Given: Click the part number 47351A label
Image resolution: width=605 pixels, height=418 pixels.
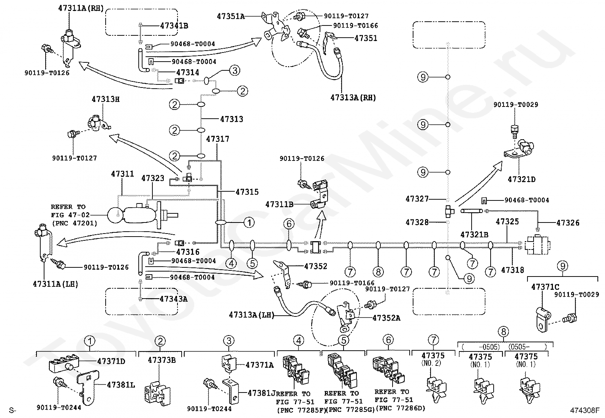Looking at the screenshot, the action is (x=231, y=16).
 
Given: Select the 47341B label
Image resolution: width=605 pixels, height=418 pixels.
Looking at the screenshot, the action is (x=174, y=26).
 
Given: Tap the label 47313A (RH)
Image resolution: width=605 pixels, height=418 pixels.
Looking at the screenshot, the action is (x=353, y=98).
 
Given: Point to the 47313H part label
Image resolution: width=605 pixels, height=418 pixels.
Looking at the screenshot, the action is (x=106, y=99).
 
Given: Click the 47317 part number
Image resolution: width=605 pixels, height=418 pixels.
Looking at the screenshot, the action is (x=218, y=139).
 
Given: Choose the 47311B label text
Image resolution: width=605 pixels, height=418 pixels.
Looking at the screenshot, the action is (x=279, y=204).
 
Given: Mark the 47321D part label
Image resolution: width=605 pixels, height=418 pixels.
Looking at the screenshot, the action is (x=521, y=179).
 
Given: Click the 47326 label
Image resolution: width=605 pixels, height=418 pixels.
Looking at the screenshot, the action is (x=568, y=223).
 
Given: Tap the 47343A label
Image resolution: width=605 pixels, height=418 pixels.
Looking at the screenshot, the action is (x=174, y=299).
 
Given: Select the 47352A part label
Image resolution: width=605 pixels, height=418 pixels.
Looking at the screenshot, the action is (x=386, y=318).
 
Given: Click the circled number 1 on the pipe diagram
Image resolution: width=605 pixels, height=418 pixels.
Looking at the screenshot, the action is (x=249, y=223).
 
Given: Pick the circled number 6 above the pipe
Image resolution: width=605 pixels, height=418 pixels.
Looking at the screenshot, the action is (x=289, y=224).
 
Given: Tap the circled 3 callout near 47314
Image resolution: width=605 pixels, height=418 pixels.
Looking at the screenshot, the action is (x=235, y=71).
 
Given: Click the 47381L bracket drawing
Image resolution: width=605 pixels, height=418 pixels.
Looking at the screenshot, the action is (x=88, y=387).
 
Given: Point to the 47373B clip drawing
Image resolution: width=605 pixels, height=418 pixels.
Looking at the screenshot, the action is (x=158, y=393).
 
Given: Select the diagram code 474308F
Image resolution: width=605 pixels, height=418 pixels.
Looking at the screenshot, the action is (x=585, y=410).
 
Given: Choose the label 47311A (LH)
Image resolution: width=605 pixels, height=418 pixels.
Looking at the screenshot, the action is (x=55, y=284).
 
